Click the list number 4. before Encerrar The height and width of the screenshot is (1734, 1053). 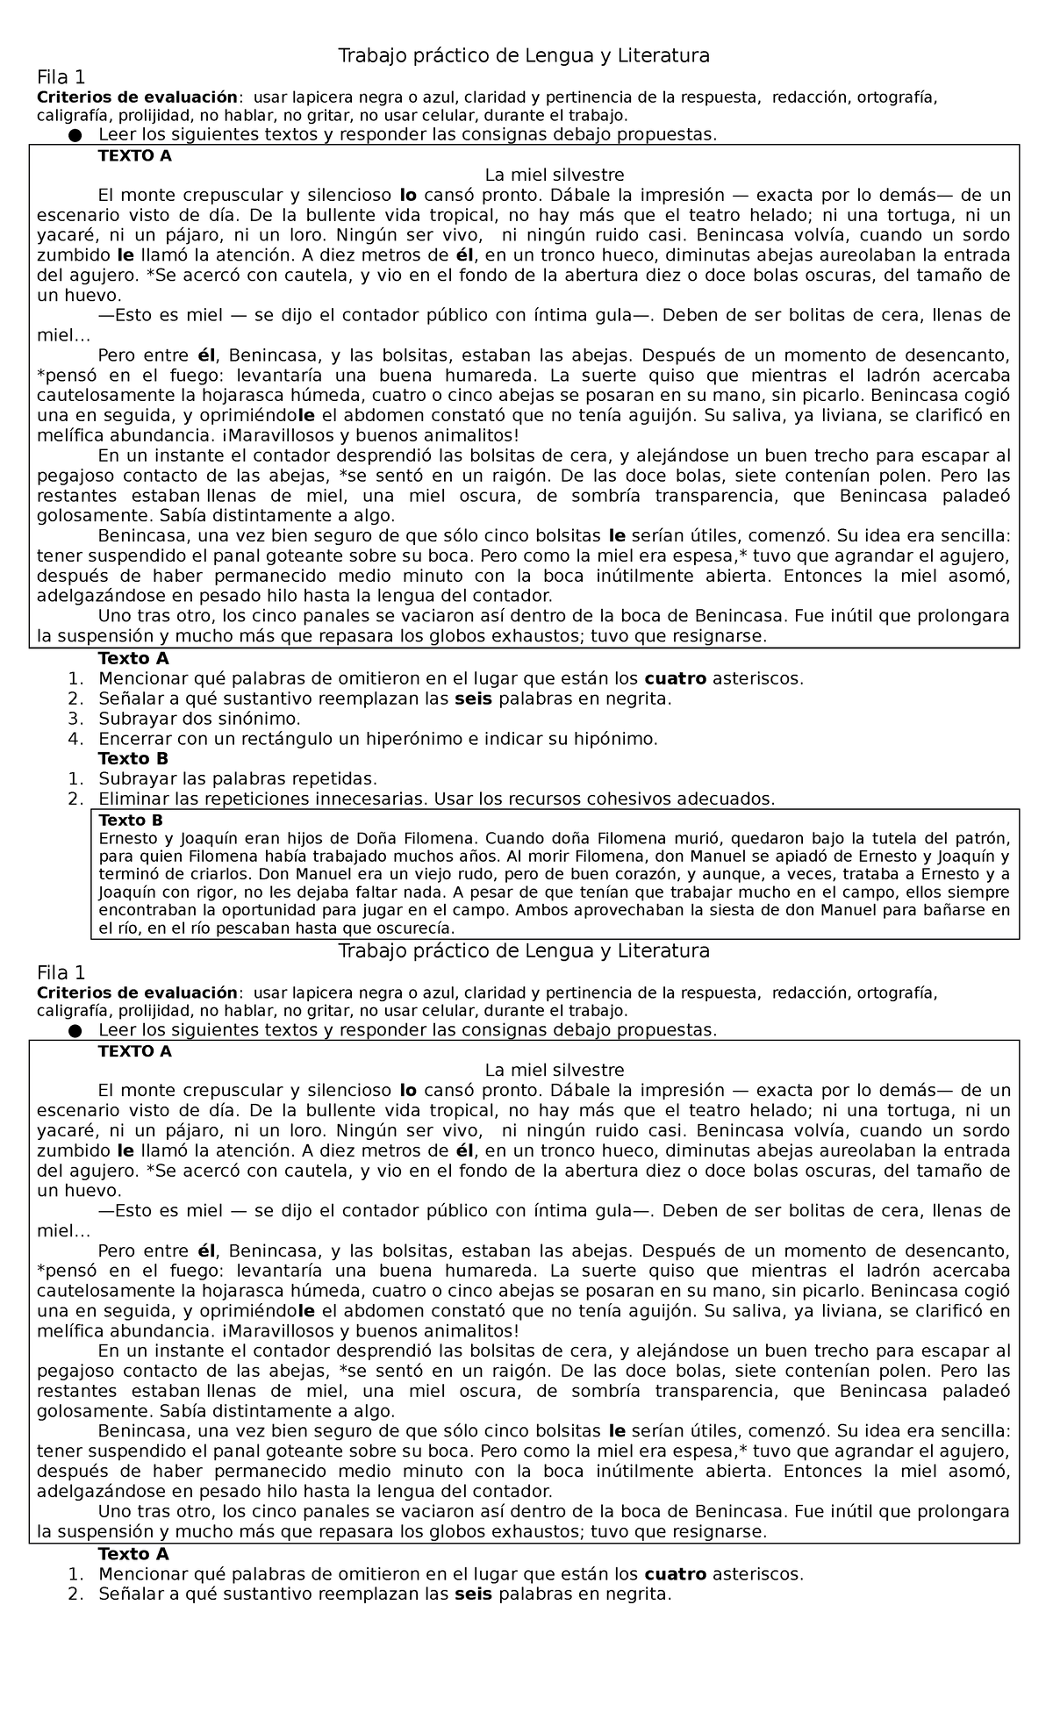click(x=75, y=739)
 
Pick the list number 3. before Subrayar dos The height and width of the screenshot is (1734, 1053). click(x=75, y=719)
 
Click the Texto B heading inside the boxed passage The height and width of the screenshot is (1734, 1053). click(x=133, y=820)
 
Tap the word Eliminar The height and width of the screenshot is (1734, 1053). click(x=133, y=799)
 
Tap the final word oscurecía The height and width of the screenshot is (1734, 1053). click(x=414, y=928)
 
